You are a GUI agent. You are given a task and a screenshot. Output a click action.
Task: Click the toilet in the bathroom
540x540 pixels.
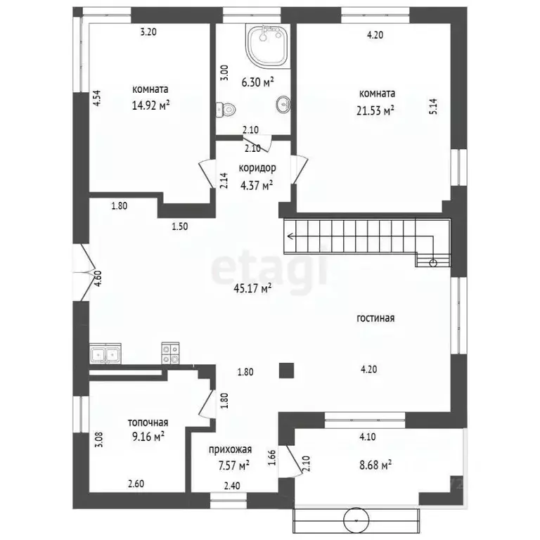pyautogui.click(x=226, y=110)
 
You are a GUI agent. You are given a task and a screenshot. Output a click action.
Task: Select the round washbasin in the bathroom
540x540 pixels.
pyautogui.click(x=283, y=103)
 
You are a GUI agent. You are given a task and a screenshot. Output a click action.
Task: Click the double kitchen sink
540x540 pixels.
pyautogui.click(x=105, y=354)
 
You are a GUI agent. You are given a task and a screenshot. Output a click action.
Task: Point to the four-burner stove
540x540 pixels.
pyautogui.click(x=170, y=354)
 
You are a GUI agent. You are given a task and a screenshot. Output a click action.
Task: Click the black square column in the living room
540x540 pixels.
pyautogui.click(x=286, y=371)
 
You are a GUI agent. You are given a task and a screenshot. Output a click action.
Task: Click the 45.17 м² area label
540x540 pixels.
pyautogui.click(x=253, y=288)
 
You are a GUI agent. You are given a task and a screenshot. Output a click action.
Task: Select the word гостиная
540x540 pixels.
pyautogui.click(x=375, y=318)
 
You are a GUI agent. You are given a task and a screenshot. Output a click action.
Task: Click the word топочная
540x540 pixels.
pyautogui.click(x=148, y=422)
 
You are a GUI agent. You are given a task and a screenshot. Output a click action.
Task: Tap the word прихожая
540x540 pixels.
pyautogui.click(x=230, y=449)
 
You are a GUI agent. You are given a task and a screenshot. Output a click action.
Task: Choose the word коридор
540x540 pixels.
pyautogui.click(x=257, y=168)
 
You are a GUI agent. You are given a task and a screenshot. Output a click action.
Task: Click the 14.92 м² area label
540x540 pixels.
pyautogui.click(x=151, y=105)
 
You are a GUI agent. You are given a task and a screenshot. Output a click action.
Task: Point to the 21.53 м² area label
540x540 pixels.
pyautogui.click(x=375, y=110)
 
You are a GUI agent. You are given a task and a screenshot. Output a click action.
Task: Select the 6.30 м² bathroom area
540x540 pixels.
pyautogui.click(x=257, y=82)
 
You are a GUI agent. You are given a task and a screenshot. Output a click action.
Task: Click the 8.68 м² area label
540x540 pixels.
pyautogui.click(x=375, y=465)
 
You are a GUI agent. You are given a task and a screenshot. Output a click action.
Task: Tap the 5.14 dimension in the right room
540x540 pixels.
pyautogui.click(x=433, y=106)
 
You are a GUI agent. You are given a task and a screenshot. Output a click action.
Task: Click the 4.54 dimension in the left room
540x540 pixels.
pyautogui.click(x=97, y=98)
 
